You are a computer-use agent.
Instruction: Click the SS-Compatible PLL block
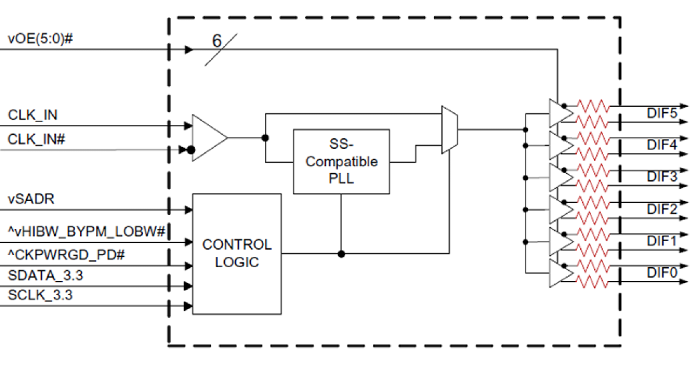[341, 161]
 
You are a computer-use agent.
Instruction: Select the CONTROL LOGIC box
[236, 254]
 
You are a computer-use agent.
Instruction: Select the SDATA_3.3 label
[45, 275]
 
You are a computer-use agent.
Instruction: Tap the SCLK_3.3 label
[41, 296]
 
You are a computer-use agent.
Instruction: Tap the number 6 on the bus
[217, 41]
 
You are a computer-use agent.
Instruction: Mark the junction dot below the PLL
[341, 254]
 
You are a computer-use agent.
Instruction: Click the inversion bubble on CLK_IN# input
[191, 150]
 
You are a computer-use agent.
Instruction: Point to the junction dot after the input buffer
[265, 138]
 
